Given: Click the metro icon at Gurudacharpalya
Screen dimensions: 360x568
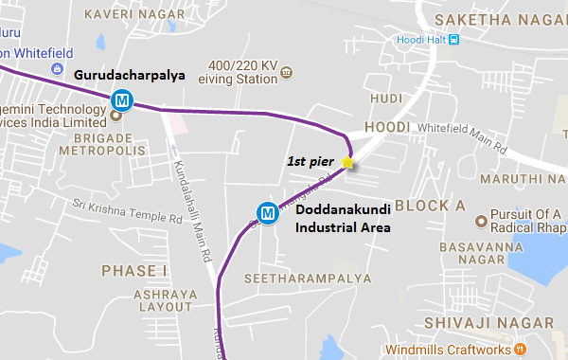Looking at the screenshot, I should pyautogui.click(x=121, y=99).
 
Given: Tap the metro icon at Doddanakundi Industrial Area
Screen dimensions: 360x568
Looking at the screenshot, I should pyautogui.click(x=269, y=214).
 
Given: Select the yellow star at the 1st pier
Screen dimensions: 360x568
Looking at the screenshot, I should pyautogui.click(x=347, y=162).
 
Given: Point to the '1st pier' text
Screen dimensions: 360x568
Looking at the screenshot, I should pyautogui.click(x=311, y=162).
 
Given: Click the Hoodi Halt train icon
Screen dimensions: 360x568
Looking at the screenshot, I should pyautogui.click(x=454, y=39).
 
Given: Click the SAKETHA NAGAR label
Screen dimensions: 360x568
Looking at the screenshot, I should pyautogui.click(x=503, y=19).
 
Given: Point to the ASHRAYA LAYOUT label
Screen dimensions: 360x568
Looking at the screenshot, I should pyautogui.click(x=138, y=301).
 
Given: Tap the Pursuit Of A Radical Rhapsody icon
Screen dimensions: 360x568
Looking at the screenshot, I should pyautogui.click(x=481, y=222).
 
